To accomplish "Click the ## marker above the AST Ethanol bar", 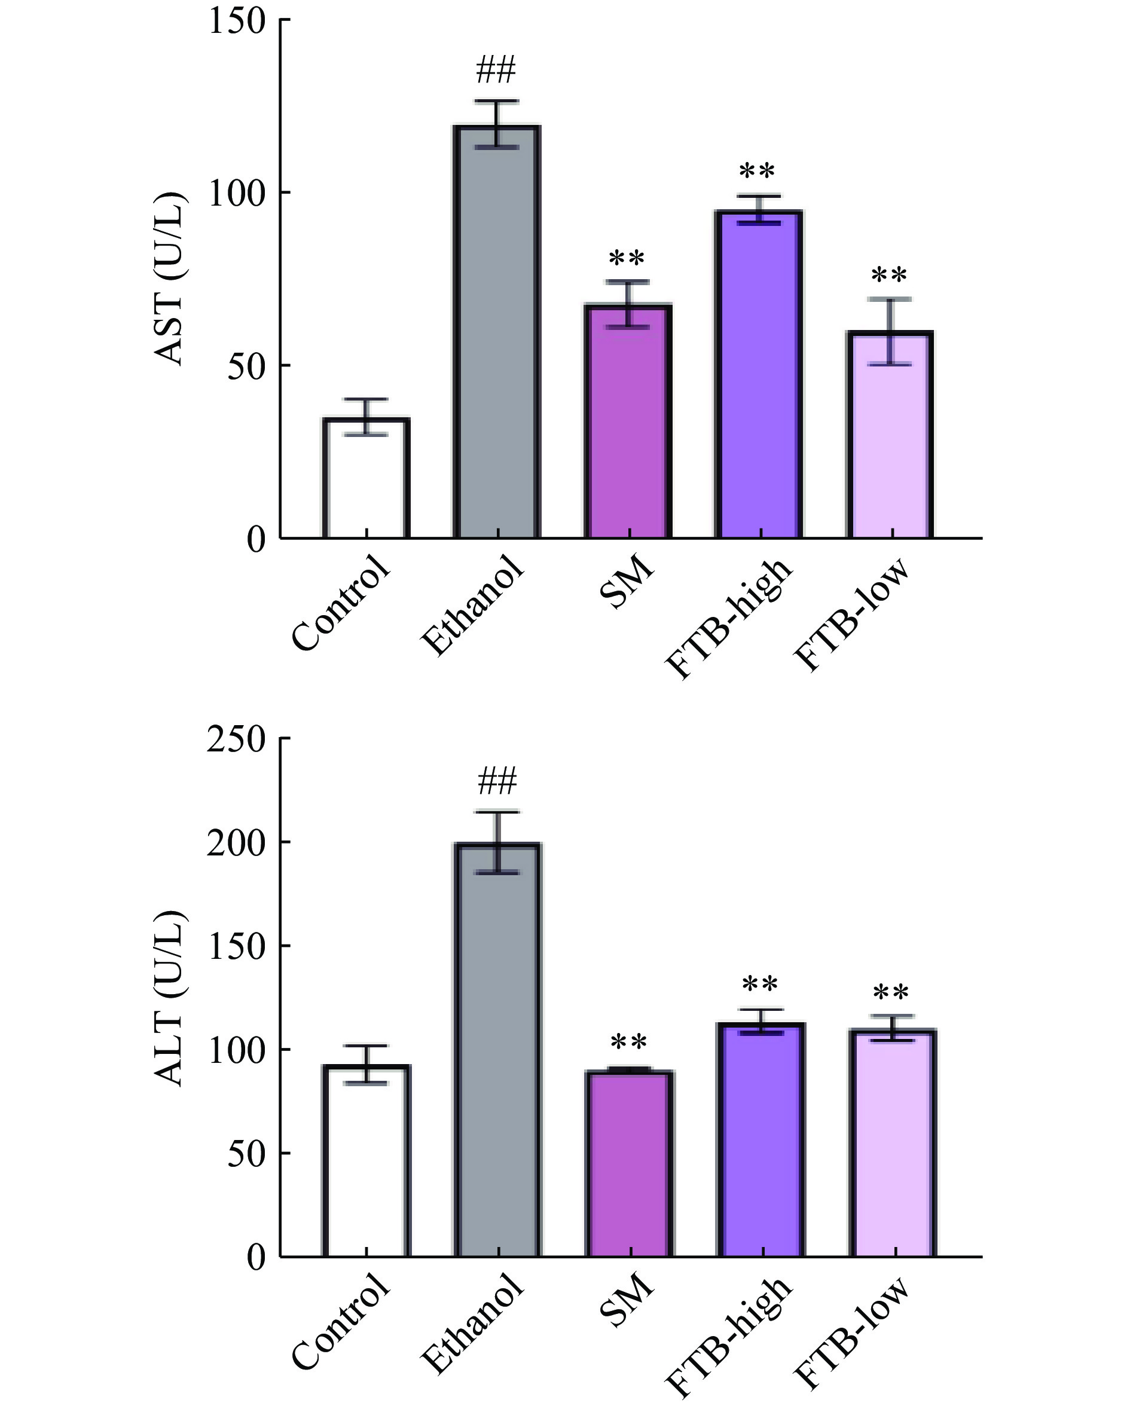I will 496,70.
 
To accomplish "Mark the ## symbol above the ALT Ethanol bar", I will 497,781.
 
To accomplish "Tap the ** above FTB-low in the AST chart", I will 890,274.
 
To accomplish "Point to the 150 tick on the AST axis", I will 237,21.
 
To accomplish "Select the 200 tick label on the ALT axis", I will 237,843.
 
